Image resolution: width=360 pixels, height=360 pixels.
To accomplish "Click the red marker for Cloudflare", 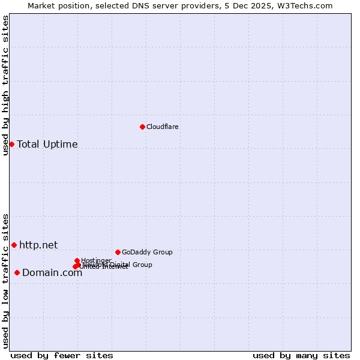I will click(142, 127).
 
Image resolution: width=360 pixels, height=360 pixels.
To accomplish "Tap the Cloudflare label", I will click(162, 127).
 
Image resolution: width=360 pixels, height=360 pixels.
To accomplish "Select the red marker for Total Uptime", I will click(11, 144).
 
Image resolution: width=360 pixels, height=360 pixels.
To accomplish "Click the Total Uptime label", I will click(47, 144).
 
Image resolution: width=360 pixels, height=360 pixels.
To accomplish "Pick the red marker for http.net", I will click(14, 245).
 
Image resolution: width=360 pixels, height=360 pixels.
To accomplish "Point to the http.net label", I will click(38, 245).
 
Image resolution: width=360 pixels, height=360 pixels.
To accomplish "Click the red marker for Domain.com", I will click(17, 273).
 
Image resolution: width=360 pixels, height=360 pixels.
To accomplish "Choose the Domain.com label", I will click(52, 273).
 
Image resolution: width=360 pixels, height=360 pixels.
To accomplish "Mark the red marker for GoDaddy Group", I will click(118, 252).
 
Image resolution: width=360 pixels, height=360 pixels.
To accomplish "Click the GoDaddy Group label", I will click(146, 252).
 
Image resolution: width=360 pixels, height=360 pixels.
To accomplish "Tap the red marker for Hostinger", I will click(77, 260).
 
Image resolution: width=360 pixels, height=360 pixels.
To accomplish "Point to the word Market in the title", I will click(42, 5).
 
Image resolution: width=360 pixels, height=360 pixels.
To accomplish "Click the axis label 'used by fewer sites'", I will click(62, 355).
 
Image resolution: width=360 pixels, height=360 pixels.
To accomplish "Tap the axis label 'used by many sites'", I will click(301, 355).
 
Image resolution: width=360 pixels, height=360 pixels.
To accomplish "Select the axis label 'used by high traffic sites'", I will click(6, 85).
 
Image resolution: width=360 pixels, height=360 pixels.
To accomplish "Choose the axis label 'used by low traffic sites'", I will click(6, 280).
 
